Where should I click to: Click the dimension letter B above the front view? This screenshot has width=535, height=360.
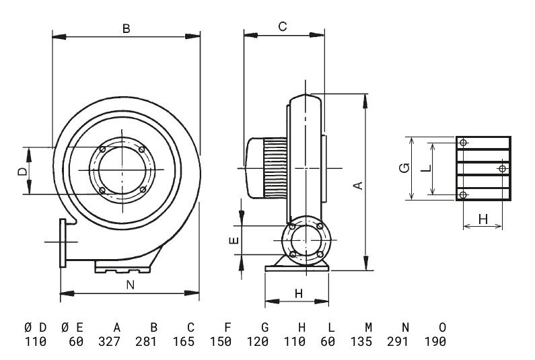[126, 28]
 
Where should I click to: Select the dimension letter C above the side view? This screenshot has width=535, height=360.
[283, 26]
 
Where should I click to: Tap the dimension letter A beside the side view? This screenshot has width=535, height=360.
[359, 184]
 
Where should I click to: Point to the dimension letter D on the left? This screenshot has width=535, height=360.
[22, 172]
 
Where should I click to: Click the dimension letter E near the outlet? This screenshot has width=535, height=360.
[234, 242]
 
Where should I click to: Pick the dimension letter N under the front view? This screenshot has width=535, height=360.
[131, 285]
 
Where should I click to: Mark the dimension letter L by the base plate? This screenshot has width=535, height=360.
[425, 168]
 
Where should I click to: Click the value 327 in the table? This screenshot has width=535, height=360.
[117, 342]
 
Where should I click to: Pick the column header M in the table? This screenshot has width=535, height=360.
[368, 327]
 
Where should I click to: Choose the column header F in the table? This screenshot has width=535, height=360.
[227, 327]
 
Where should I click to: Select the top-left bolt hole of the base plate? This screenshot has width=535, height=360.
[463, 143]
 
